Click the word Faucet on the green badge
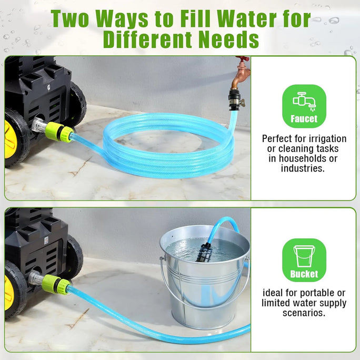[x=304, y=119]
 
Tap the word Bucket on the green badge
[x=304, y=274]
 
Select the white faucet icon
[x=304, y=101]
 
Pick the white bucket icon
[x=304, y=256]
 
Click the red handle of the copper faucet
[x=243, y=58]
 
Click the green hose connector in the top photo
[x=59, y=132]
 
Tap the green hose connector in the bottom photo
[x=56, y=284]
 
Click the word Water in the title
[x=246, y=19]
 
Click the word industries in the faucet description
[x=303, y=168]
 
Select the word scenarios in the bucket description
[x=304, y=313]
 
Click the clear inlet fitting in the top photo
[x=38, y=125]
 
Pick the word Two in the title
[x=70, y=19]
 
